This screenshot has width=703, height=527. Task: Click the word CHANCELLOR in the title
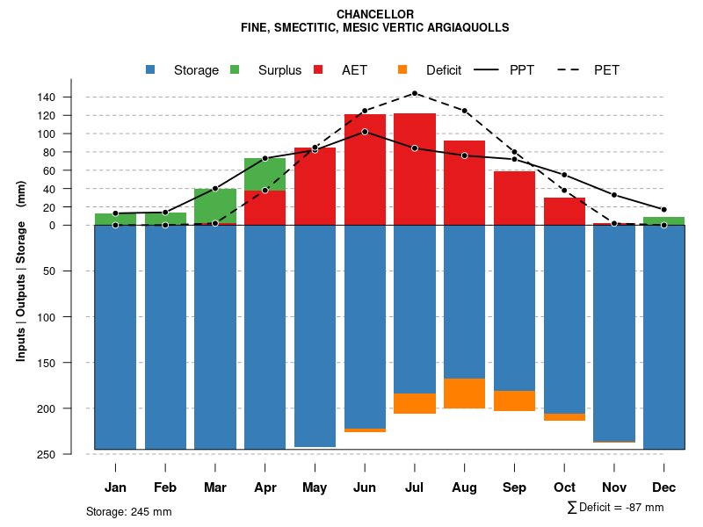[375, 14]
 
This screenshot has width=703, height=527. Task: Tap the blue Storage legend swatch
[151, 69]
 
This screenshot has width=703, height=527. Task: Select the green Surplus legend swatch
[235, 69]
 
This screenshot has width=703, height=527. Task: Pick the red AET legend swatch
[318, 69]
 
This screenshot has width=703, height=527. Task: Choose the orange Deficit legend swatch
[402, 69]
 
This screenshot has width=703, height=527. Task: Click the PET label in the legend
[607, 70]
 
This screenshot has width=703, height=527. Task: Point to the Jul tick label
[415, 487]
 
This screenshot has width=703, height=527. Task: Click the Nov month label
[614, 487]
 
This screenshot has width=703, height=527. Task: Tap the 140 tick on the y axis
[71, 97]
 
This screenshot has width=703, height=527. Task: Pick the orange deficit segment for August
[465, 393]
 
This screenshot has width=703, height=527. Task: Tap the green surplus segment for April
[265, 174]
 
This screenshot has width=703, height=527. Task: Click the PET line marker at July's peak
[415, 93]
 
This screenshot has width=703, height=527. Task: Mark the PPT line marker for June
[365, 132]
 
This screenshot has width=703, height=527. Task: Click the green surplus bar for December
[664, 220]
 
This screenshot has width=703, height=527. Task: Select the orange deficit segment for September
[515, 401]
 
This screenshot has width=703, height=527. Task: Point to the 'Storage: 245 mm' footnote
[129, 512]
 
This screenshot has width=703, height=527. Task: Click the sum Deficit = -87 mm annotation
[615, 508]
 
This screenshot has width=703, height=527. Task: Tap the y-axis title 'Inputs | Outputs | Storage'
[21, 272]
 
